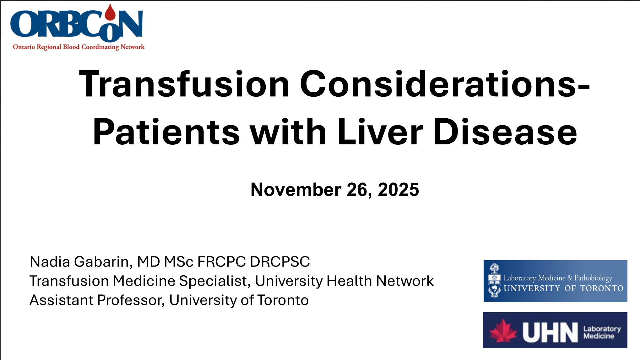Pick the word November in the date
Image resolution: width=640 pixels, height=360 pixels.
point(296,190)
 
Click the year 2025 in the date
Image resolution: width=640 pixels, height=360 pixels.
point(398,190)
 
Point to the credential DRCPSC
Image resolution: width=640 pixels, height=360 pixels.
point(280,262)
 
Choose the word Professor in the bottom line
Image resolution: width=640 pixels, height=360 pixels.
point(131,300)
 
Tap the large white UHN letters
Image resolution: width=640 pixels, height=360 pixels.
point(550,332)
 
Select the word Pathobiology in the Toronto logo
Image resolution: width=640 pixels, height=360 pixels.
point(593,278)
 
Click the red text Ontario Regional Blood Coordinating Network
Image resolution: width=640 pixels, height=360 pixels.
point(79,47)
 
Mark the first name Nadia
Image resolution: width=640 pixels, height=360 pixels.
point(50,262)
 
